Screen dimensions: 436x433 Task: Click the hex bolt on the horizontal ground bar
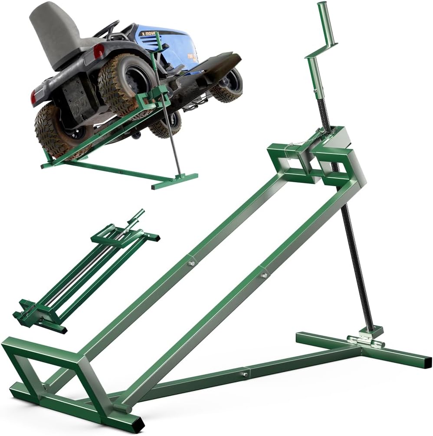[x=244, y=374]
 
